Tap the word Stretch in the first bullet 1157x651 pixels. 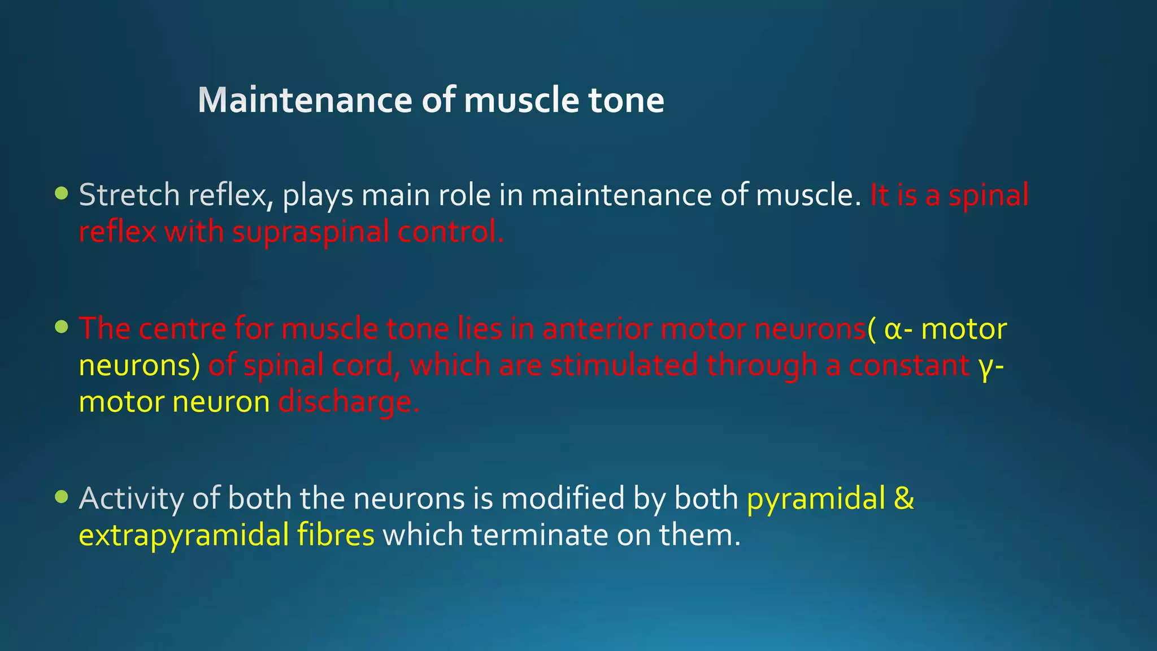pos(129,195)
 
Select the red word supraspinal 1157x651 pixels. pos(310,232)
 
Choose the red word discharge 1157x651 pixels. pos(349,402)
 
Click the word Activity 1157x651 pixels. pos(131,498)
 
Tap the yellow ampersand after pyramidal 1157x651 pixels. pos(904,498)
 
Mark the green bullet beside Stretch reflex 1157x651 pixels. pos(62,194)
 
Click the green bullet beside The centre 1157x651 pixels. pos(62,327)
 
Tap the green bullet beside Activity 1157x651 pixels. pos(62,497)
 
